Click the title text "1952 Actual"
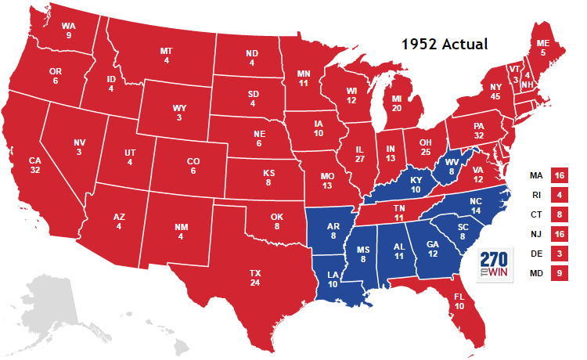coord(444,44)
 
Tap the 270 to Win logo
coord(495,264)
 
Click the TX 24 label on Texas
coord(255,278)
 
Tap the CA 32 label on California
coord(34,166)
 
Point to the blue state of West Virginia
coord(452,167)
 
